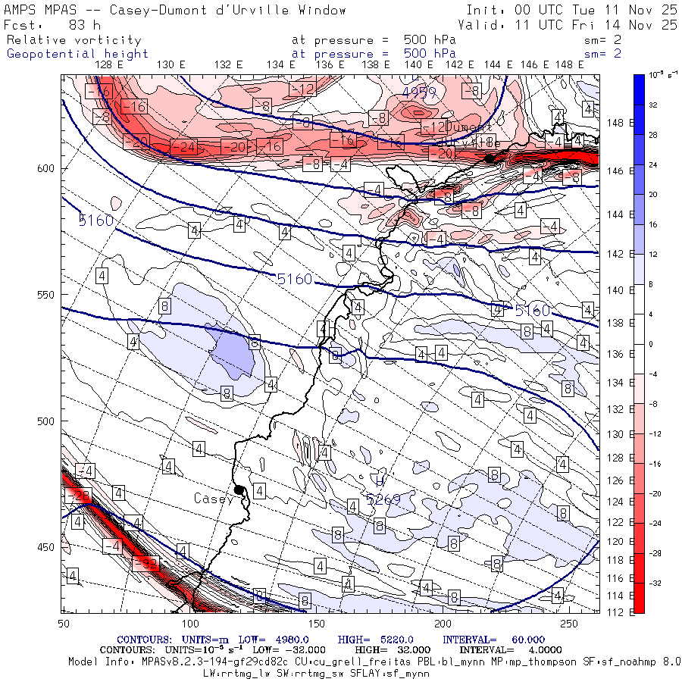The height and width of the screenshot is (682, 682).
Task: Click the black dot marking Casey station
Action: tap(239, 490)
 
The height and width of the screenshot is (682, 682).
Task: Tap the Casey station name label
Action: tap(213, 499)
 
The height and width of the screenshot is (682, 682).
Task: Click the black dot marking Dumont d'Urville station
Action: tap(490, 158)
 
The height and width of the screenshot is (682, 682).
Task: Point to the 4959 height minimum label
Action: tap(419, 92)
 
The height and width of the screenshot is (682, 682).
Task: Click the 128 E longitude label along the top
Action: tap(110, 64)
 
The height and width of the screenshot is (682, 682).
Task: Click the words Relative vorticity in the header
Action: tap(74, 39)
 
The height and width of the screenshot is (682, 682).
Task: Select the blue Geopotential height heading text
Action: tap(77, 54)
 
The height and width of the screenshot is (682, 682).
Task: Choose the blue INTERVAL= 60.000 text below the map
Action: tap(494, 640)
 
